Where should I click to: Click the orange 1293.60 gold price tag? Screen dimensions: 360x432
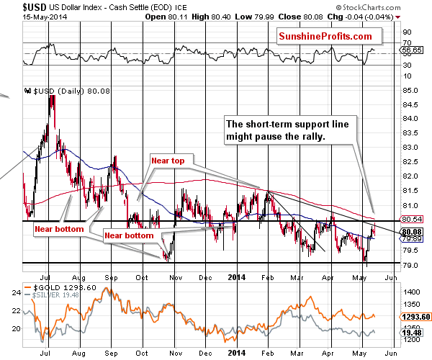click(x=415, y=315)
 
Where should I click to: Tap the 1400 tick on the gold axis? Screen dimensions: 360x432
click(x=412, y=293)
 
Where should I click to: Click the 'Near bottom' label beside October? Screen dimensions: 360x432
click(x=130, y=235)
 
